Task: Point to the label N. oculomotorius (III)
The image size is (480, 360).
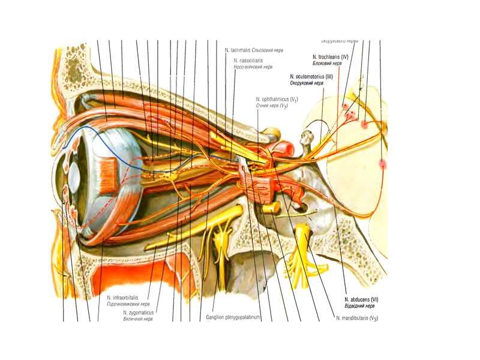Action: (x=311, y=77)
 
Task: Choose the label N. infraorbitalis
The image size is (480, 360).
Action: (x=122, y=298)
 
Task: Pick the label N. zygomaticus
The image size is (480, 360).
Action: (x=139, y=313)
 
